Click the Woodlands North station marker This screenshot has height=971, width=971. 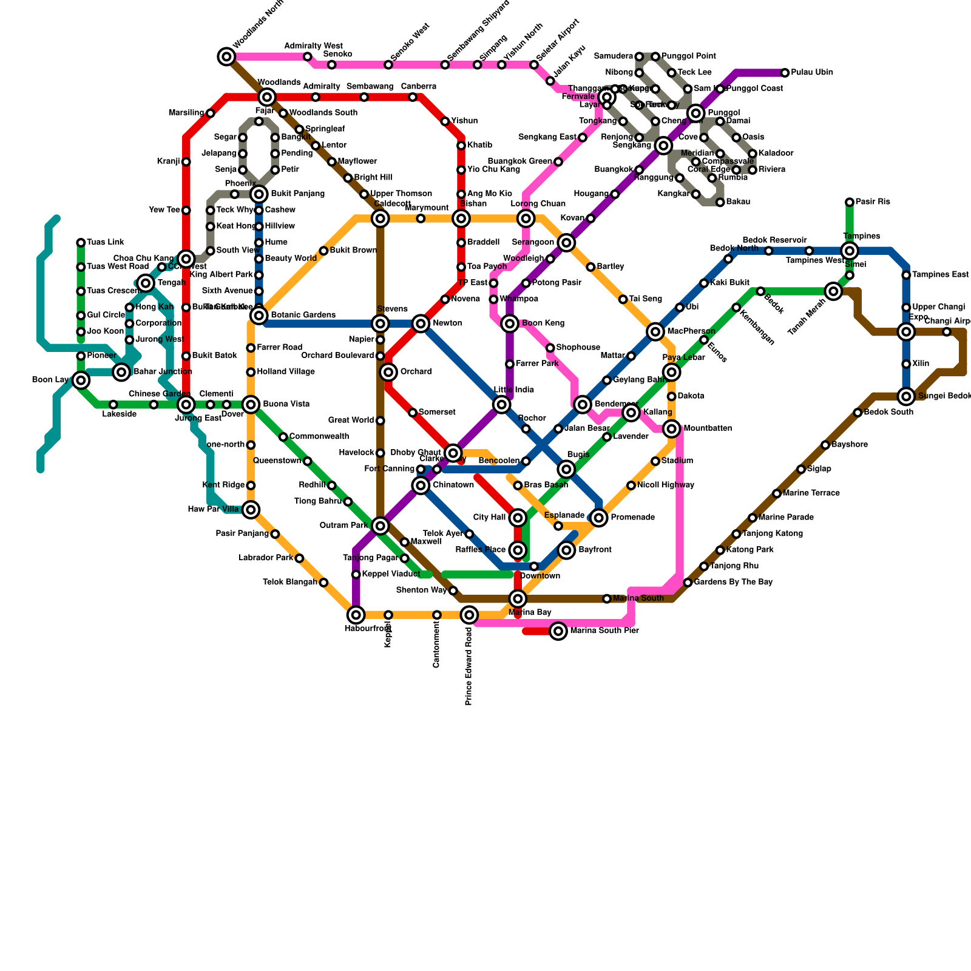[x=226, y=57]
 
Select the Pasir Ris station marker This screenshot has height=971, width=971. [x=850, y=202]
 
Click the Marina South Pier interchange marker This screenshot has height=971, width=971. [x=558, y=631]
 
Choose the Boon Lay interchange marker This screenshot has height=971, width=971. [x=81, y=381]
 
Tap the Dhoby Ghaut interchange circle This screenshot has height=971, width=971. [x=453, y=453]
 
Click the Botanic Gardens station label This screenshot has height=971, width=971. [x=303, y=316]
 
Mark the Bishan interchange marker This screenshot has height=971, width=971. [x=461, y=218]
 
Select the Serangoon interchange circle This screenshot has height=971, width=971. [x=566, y=243]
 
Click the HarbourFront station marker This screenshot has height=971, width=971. [x=356, y=615]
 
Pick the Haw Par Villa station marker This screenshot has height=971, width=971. [x=251, y=510]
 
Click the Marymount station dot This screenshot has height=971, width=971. [x=421, y=218]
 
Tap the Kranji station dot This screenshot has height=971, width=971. [x=186, y=162]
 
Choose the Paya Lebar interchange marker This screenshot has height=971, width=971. [x=671, y=372]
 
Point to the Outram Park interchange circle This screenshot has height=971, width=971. [x=381, y=526]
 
